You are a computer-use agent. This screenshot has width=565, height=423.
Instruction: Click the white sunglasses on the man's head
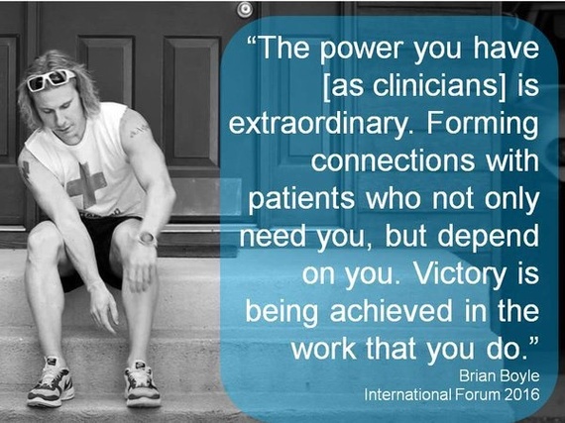point(52,79)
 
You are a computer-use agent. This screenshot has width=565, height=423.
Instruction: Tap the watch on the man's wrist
point(148,239)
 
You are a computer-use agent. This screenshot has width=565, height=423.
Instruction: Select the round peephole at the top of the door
point(245,9)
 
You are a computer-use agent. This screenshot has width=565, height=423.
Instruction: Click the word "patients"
point(301,199)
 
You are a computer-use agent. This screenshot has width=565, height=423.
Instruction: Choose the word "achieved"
point(391,310)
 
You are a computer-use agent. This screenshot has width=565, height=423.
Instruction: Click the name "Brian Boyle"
point(500,376)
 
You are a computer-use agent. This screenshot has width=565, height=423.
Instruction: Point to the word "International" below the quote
point(407,394)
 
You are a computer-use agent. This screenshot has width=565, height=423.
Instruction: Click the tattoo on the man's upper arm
point(139,131)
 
